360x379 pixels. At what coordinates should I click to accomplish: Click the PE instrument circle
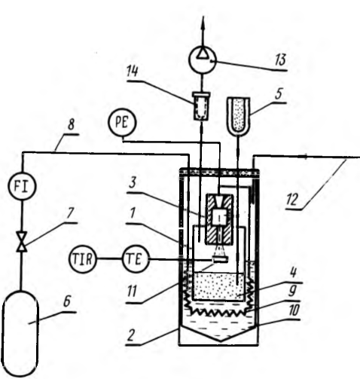tap(122, 123)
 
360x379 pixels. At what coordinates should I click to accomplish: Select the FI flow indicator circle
tap(23, 186)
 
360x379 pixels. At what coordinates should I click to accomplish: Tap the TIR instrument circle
tap(83, 259)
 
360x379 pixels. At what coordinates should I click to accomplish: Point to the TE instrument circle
tap(136, 259)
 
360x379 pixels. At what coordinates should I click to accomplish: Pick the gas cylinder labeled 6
tap(20, 334)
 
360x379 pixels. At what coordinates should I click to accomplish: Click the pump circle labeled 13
tap(203, 60)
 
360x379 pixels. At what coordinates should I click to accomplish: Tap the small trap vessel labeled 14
tap(201, 106)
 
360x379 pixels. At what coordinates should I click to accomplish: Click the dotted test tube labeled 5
tap(238, 116)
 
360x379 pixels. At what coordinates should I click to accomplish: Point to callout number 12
tap(292, 200)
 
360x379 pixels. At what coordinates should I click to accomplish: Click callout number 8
tap(72, 124)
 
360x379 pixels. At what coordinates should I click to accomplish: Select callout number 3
tap(133, 183)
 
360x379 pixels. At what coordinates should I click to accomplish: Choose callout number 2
tap(131, 335)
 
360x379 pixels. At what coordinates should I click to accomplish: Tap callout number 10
tap(294, 310)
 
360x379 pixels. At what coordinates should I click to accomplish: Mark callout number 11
tap(132, 292)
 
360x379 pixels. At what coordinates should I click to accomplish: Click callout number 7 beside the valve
tap(70, 213)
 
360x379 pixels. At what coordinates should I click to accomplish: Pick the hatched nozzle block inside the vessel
tap(220, 219)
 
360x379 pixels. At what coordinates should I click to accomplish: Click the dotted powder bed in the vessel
tap(218, 286)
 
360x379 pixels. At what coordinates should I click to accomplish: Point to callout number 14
tap(133, 72)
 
